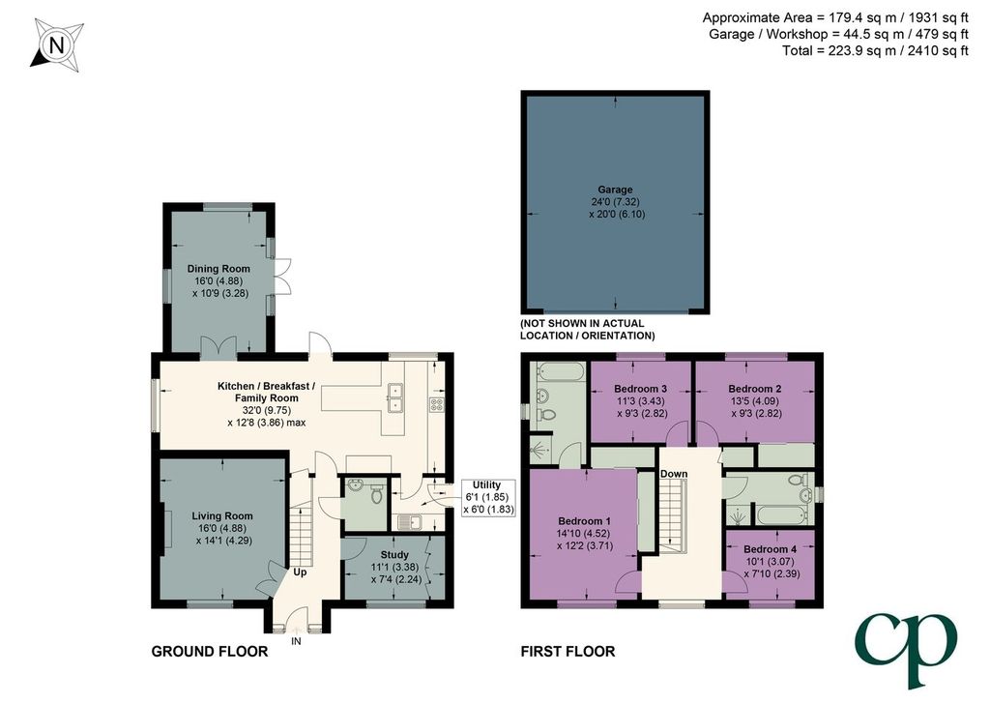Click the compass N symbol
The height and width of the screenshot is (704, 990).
[57, 45]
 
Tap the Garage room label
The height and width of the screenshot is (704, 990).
[616, 190]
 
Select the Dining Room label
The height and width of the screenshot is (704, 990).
[218, 269]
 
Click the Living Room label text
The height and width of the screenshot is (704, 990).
[222, 515]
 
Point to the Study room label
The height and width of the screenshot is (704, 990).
[394, 556]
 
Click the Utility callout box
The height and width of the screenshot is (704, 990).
[486, 496]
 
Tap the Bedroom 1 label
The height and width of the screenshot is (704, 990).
[584, 521]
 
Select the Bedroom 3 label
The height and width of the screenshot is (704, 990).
[640, 389]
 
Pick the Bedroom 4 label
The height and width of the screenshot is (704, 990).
[770, 549]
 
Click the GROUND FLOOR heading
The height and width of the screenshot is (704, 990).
[210, 651]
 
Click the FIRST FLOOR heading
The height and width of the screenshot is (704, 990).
[568, 651]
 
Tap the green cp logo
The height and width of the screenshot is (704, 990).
[906, 648]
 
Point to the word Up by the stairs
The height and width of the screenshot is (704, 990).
[300, 572]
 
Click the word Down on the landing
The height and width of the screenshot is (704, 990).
[674, 474]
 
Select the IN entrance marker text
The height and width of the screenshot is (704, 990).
[296, 641]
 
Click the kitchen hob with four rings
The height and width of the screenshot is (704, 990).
[436, 404]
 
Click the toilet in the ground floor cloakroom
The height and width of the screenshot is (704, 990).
[377, 494]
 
